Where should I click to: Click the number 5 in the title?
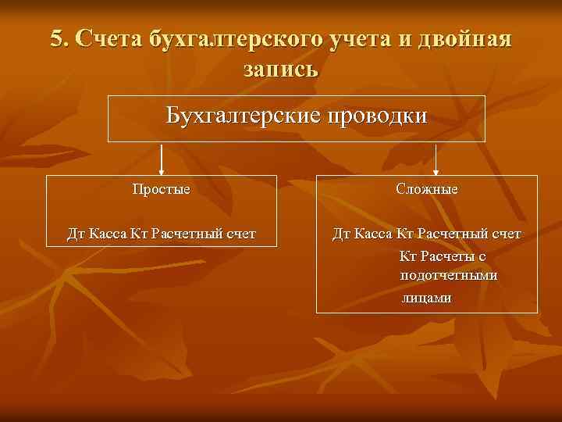[56, 39]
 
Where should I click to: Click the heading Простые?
[162, 189]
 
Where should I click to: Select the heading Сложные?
[427, 189]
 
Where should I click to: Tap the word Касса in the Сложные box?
[375, 233]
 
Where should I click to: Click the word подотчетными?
[449, 276]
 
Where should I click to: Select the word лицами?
[426, 298]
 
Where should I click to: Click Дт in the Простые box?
[76, 233]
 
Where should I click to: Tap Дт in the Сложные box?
[341, 233]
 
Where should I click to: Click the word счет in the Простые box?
[240, 233]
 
